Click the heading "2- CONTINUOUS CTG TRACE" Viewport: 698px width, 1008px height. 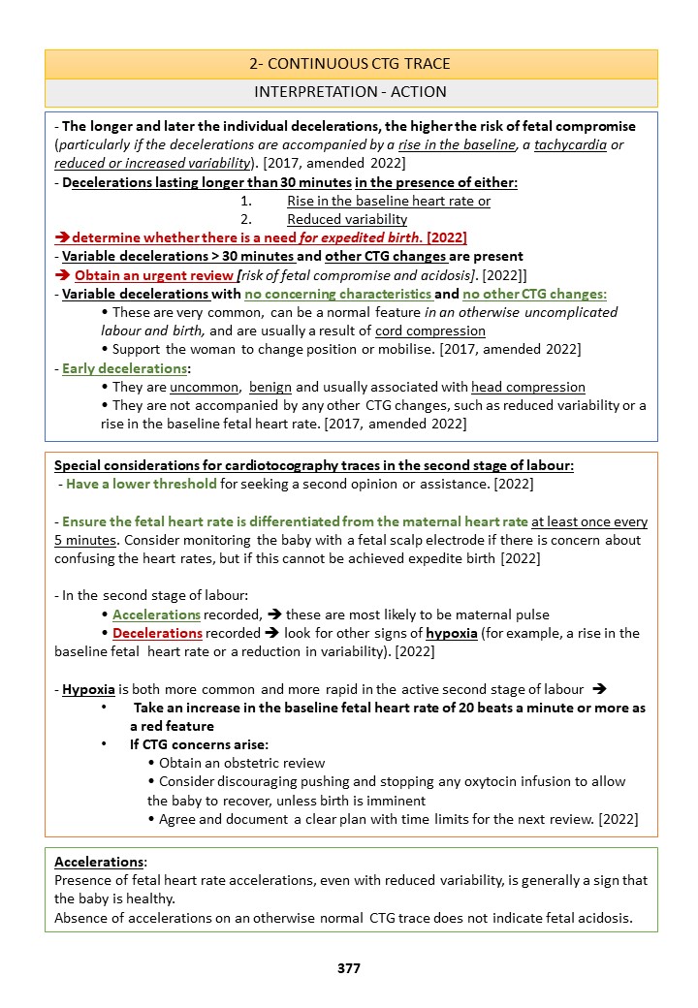350,65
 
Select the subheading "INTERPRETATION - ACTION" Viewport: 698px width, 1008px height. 350,92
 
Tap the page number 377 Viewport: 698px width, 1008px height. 349,968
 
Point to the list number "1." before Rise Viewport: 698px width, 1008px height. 246,201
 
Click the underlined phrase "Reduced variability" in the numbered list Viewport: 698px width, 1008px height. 347,219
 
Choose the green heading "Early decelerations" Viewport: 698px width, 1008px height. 110,368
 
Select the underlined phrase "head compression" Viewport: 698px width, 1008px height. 528,387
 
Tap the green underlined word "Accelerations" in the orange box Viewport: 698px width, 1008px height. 156,614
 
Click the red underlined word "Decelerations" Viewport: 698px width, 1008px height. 157,633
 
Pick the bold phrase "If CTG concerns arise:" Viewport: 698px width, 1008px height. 199,744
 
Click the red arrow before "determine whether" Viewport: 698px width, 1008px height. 61,237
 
